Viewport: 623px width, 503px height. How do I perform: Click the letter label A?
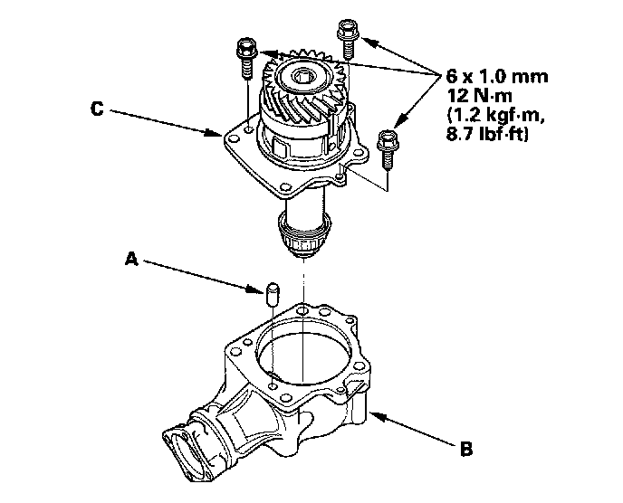tap(131, 259)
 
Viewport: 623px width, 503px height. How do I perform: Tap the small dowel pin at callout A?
tap(271, 294)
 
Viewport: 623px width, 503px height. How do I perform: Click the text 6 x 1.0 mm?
tap(497, 76)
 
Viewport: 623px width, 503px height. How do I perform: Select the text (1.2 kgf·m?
tap(495, 115)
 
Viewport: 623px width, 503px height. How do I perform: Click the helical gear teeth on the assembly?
tap(299, 90)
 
